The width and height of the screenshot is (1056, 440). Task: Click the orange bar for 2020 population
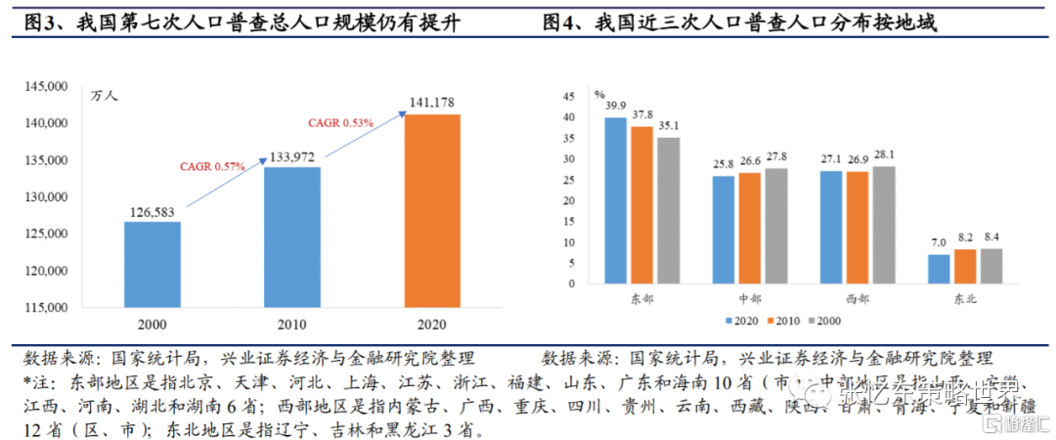point(432,210)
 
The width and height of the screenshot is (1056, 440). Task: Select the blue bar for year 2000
point(152,264)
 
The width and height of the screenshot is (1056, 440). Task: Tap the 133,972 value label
point(291,156)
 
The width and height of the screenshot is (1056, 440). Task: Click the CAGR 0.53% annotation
point(342,122)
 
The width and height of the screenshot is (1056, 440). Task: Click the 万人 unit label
point(103,96)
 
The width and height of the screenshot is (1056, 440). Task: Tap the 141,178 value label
point(432,102)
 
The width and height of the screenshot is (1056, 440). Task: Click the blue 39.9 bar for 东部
point(616,200)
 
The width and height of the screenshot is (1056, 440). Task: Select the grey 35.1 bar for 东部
point(668,210)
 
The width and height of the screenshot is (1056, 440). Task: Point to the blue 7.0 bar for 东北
point(939,269)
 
